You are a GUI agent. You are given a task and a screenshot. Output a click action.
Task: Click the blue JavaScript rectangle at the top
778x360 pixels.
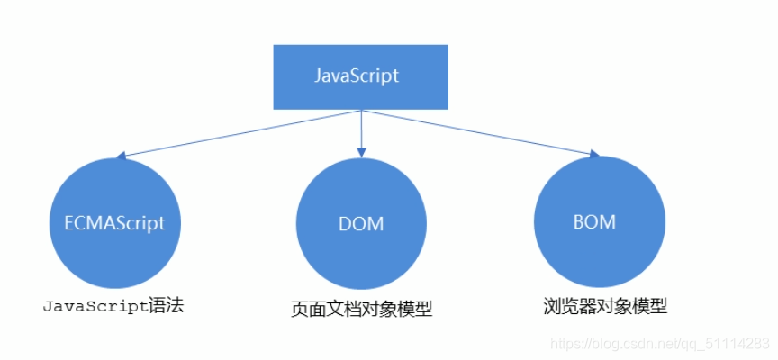[361, 76]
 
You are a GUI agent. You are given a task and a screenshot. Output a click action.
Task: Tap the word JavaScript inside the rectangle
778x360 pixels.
[357, 76]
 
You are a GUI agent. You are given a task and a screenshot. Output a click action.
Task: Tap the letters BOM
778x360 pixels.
[594, 221]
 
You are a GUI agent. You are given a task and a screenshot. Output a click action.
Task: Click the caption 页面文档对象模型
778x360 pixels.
[362, 310]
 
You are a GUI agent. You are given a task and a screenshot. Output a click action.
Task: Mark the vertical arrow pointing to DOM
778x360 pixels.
[361, 131]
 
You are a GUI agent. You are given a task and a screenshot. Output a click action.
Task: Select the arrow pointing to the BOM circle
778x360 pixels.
[477, 133]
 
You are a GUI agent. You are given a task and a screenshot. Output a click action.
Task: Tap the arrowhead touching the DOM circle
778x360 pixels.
[361, 151]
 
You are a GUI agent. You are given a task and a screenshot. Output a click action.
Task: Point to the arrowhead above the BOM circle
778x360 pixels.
[591, 155]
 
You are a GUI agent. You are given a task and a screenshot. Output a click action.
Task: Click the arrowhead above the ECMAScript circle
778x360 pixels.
[121, 156]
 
